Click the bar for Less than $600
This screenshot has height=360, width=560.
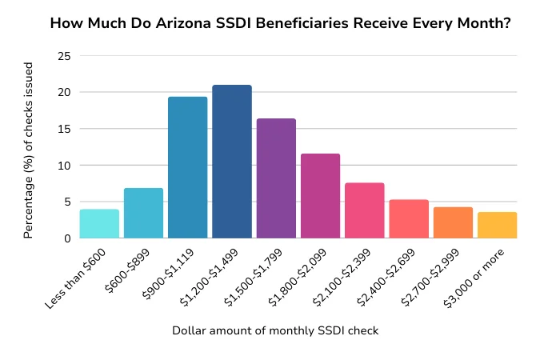tap(99, 224)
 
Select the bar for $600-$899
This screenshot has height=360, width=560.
tap(143, 214)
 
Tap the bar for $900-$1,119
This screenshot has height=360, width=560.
tap(188, 168)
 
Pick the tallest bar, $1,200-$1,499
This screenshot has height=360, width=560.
tap(232, 162)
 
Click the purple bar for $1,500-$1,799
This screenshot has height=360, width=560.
tap(276, 178)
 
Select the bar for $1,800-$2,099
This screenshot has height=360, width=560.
tap(320, 196)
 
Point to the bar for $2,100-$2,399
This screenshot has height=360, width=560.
tap(365, 210)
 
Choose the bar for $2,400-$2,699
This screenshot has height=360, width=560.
tap(409, 219)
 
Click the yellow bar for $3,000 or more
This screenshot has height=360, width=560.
tap(497, 225)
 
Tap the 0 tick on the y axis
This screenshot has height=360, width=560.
tap(66, 238)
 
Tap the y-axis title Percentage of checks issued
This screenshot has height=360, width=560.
tap(29, 147)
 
